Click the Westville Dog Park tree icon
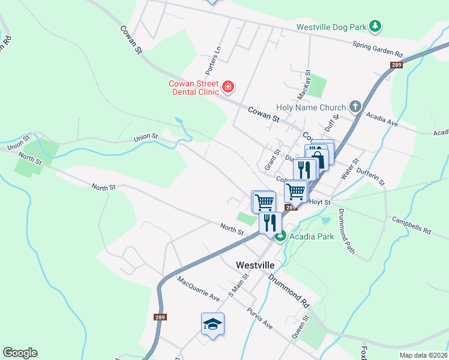click(x=376, y=26)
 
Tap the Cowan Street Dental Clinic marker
click(x=228, y=88)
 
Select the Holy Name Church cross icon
click(x=355, y=107)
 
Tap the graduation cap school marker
click(x=212, y=325)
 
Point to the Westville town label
click(x=255, y=265)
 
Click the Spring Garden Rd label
click(x=378, y=50)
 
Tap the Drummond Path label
click(x=347, y=230)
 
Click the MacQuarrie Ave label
click(x=199, y=288)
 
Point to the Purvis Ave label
click(x=260, y=318)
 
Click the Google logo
click(x=20, y=353)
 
